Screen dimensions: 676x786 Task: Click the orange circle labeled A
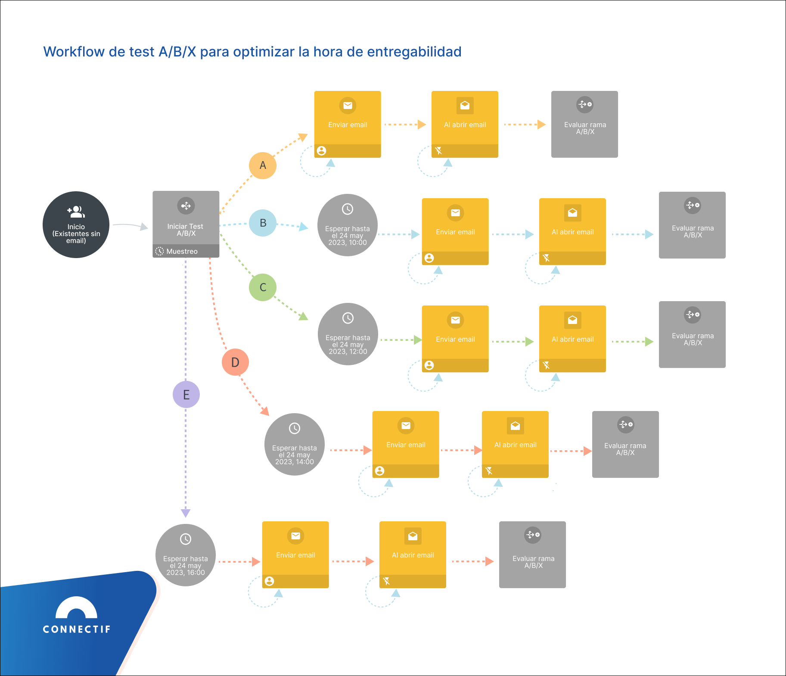263,165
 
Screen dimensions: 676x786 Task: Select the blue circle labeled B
263,223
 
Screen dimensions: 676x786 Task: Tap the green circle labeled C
263,287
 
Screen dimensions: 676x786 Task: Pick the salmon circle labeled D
235,362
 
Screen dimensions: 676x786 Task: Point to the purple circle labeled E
186,394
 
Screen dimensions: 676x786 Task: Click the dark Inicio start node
76,225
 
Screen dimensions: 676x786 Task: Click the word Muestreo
182,251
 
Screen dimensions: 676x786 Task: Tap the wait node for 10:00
348,225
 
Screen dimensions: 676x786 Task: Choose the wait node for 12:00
348,334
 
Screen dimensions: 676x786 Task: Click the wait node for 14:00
295,445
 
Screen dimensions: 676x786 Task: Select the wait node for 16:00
186,555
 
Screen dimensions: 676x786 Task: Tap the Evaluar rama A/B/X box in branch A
584,124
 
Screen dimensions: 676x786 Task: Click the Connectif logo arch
76,608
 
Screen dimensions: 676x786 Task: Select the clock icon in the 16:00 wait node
186,539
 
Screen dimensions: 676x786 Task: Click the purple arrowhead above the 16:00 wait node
186,513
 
